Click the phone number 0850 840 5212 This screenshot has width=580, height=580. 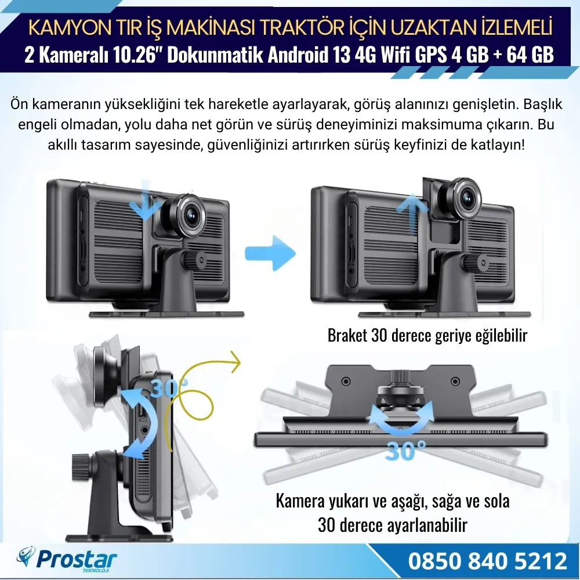(x=487, y=561)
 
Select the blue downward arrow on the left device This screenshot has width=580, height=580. (x=143, y=200)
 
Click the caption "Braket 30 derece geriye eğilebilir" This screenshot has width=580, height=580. (x=427, y=335)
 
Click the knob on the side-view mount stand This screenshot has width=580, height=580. (x=81, y=464)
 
